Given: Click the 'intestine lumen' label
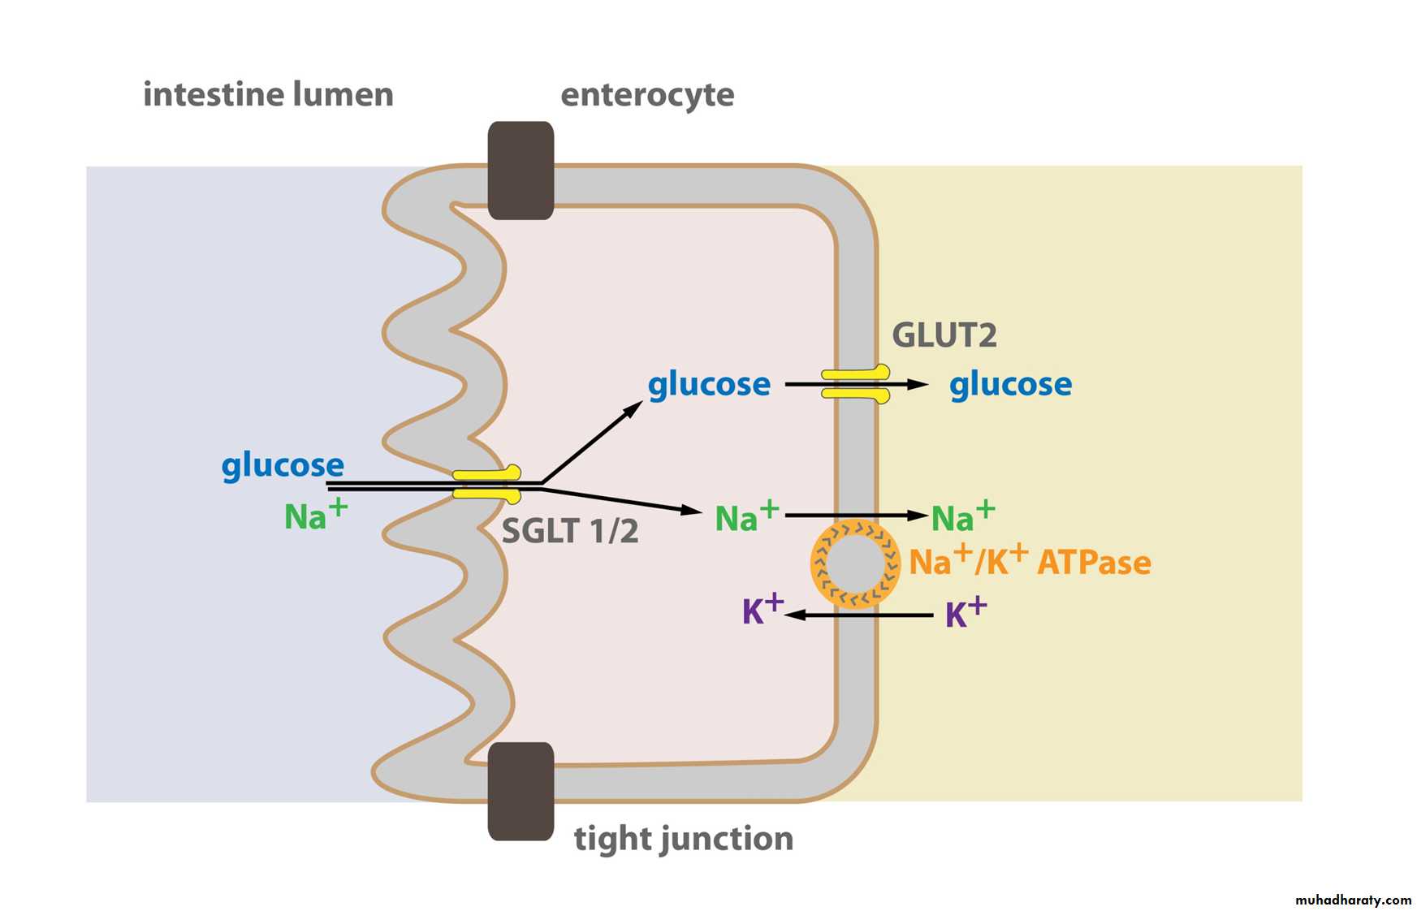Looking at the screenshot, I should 268,94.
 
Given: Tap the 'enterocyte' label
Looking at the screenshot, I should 647,95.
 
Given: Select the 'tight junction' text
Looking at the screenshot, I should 683,838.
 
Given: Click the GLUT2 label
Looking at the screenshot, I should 944,335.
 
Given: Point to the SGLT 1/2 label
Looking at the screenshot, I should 569,531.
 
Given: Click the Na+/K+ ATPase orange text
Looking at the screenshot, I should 1030,561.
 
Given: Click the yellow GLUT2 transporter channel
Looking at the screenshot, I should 856,384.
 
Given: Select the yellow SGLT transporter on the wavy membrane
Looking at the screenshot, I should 486,484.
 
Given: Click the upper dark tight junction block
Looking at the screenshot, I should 521,171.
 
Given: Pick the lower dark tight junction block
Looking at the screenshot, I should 521,791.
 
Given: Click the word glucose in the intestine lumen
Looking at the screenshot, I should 283,465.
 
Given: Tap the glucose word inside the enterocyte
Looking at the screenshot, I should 709,384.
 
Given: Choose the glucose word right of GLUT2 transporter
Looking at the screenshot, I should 1010,384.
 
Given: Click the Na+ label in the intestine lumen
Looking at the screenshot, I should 315,515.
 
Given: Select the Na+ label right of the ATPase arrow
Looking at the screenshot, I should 962,516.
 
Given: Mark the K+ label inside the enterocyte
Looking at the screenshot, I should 762,610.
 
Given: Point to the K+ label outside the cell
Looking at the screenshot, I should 966,613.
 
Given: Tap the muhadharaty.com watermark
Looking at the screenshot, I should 1353,900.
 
